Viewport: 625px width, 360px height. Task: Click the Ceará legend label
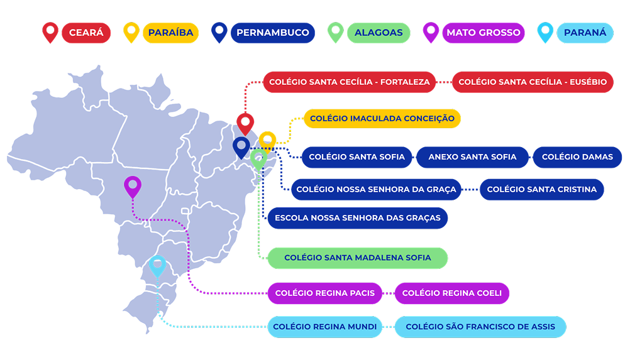[86, 33]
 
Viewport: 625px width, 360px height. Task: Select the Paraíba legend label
[170, 33]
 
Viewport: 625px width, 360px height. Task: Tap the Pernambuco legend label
[273, 33]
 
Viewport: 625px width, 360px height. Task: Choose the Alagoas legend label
[378, 33]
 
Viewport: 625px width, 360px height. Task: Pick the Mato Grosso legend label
[483, 33]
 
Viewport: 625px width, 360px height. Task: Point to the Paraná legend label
[585, 33]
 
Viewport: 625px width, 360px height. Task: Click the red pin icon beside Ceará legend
[50, 31]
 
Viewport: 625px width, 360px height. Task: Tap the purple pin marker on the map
[132, 186]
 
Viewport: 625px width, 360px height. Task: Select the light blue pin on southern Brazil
[157, 266]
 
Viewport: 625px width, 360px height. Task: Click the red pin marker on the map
[245, 123]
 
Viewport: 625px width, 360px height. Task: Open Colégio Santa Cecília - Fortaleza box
[349, 82]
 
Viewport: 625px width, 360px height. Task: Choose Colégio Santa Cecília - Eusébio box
[533, 82]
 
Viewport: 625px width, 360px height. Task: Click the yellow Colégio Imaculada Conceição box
[382, 118]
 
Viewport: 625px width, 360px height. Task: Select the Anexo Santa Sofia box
[472, 157]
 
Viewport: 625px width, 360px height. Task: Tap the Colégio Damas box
[577, 157]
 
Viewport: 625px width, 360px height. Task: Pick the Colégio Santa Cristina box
[541, 189]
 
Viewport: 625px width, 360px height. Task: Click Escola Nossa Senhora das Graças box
[358, 218]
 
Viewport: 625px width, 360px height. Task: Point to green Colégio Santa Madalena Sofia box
[357, 258]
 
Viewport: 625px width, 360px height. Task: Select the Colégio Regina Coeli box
[451, 293]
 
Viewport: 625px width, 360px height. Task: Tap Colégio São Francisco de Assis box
[480, 327]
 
